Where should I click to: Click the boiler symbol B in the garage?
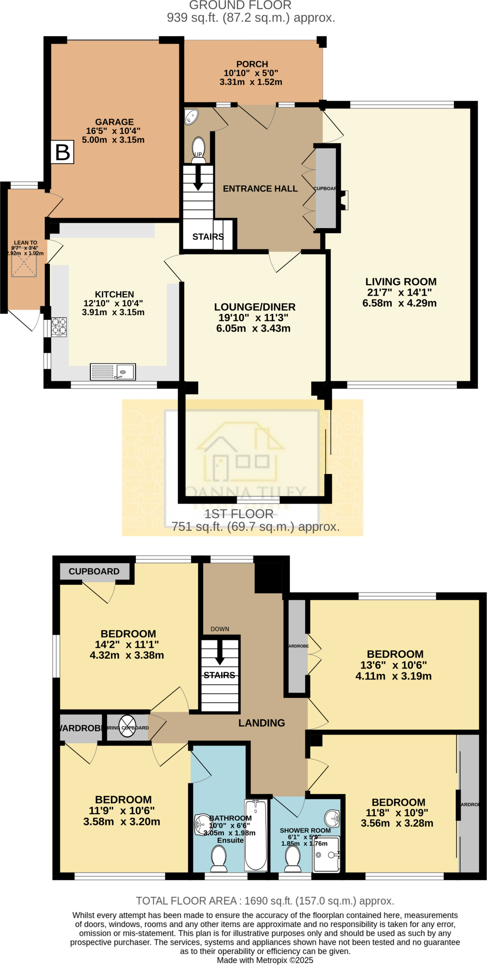63,152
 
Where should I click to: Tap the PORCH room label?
252,64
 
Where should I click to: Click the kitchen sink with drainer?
113,372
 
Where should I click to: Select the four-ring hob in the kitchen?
59,327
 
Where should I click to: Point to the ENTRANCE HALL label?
260,188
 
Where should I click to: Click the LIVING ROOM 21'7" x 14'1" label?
400,292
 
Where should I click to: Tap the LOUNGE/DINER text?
255,307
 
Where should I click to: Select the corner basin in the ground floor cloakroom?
191,116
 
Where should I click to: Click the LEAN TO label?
25,243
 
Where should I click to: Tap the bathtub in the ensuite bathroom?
256,834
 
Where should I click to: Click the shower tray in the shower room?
326,854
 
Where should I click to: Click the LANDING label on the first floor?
262,723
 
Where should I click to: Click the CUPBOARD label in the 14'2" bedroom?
94,572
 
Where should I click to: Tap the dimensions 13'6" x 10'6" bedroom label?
394,665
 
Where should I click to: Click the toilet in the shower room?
293,859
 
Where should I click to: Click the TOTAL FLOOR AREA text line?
265,901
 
